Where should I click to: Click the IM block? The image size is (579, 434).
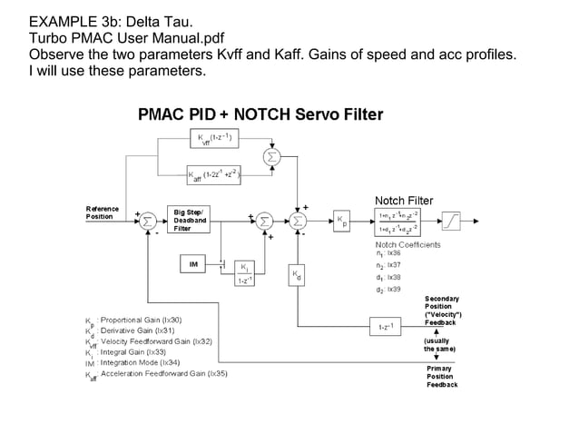[192, 264]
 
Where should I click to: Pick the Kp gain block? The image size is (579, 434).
[340, 221]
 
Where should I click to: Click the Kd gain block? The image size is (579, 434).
[298, 276]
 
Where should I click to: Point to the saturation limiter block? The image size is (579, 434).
[450, 221]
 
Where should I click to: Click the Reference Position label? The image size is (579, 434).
[100, 212]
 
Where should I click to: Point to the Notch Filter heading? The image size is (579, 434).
[404, 200]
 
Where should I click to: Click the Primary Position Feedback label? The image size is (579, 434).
[442, 376]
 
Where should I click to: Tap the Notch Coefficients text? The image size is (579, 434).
[407, 245]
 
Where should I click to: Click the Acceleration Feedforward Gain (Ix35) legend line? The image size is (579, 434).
[163, 373]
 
